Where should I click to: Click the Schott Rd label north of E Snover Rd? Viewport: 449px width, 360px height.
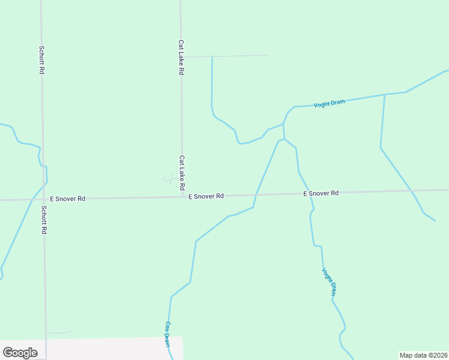pos(41,60)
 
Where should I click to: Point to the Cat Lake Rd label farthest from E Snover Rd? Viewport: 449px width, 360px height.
pos(181,57)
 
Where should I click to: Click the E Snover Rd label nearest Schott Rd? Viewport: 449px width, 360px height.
pos(67,198)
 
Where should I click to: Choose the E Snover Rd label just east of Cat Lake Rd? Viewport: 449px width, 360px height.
pos(206,196)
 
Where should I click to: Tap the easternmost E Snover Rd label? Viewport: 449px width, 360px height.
pos(321,193)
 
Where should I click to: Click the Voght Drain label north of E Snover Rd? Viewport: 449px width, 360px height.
pos(329,103)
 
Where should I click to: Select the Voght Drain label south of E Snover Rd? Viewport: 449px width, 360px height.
pos(330,282)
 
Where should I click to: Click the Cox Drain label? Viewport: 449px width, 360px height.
pos(167,334)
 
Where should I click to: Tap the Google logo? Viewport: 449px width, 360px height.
pos(20,353)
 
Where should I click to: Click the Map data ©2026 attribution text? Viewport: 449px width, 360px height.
pos(423,355)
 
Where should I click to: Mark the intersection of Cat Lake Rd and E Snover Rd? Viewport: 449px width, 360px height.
pos(182,196)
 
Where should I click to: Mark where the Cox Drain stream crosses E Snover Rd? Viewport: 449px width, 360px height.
pos(256,194)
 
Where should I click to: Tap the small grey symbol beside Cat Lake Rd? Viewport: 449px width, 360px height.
pos(169,179)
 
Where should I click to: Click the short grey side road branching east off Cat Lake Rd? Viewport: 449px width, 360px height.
pos(225,56)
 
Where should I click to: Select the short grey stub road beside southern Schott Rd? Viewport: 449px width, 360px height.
pos(58,332)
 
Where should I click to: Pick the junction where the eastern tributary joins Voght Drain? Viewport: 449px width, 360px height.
pos(384,95)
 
